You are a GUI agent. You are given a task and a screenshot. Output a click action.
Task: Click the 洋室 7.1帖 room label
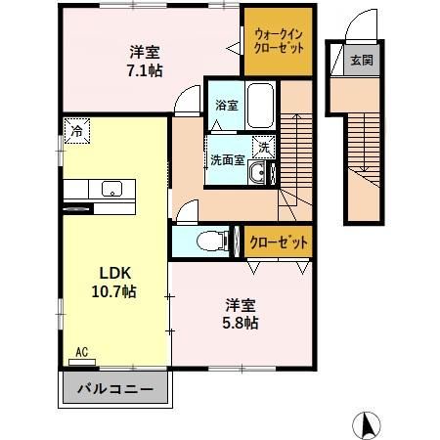[146, 61]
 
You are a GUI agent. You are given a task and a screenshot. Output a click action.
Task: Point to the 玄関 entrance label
[362, 61]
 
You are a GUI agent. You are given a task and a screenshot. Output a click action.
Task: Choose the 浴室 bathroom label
[225, 105]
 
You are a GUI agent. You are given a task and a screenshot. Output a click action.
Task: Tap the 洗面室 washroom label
[226, 160]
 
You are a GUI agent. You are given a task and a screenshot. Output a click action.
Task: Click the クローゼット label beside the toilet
[279, 241]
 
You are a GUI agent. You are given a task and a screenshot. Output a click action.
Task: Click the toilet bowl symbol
[208, 240]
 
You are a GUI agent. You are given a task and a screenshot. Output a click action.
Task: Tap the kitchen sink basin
[110, 190]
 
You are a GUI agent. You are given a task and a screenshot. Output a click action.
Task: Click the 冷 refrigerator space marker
[75, 129]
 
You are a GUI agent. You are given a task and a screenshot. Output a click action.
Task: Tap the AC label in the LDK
[81, 350]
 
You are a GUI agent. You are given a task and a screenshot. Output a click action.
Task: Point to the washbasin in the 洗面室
[258, 174]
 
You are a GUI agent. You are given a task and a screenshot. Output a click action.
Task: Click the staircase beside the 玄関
[362, 147]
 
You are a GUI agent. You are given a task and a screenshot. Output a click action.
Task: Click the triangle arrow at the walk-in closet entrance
[233, 45]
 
